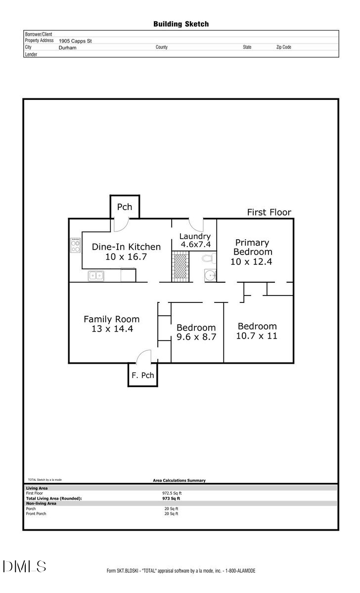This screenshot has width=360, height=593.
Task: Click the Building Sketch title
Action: coord(180,24)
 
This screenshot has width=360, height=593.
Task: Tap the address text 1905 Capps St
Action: coord(75,41)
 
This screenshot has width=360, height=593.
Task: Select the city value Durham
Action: coord(68,48)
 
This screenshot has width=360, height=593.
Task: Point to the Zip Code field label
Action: coord(283,47)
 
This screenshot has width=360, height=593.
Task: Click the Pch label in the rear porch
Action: coord(125,207)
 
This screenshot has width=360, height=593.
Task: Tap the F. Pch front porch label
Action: coord(143,376)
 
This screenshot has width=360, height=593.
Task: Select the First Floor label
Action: coord(269,212)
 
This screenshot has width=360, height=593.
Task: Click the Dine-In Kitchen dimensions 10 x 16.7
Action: coord(126,257)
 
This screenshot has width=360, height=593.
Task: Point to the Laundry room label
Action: coord(195,236)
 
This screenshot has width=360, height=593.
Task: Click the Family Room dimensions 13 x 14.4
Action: coord(112,329)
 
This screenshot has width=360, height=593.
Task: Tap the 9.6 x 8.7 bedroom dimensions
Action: coord(196,338)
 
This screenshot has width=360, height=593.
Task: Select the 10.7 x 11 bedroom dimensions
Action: coord(257,336)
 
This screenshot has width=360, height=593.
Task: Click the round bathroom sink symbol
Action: coord(210,275)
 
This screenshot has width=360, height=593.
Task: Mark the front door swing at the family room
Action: coord(144,356)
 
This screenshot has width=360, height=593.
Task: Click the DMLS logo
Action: coord(24,566)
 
